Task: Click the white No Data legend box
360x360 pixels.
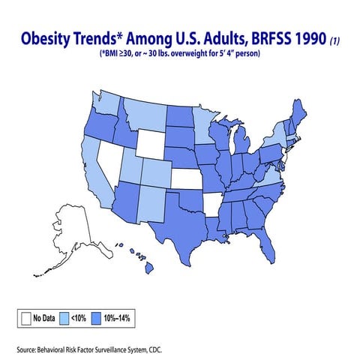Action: click(26, 318)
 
